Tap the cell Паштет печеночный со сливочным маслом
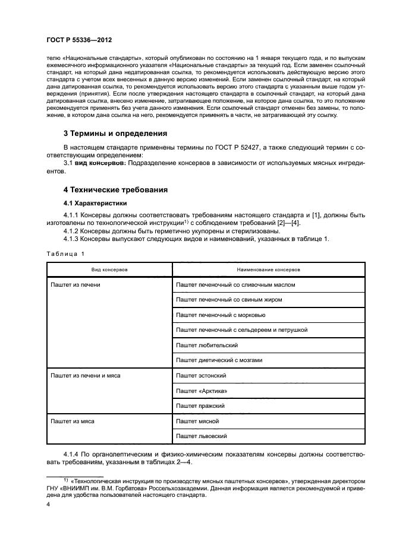pos(235,285)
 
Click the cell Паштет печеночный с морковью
pos(221,315)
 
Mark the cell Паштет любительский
pos(207,345)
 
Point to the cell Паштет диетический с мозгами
pos(219,360)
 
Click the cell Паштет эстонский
pos(201,376)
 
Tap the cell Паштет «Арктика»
pos(202,391)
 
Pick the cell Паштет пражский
pos(200,406)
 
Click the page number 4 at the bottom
pos(48,504)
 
